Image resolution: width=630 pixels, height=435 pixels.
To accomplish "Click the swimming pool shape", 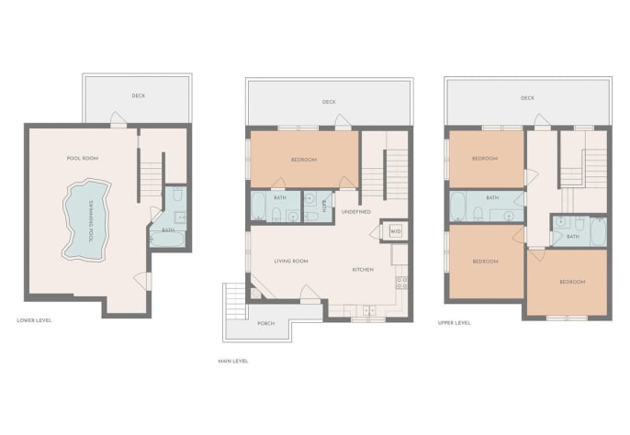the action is pyautogui.click(x=85, y=220).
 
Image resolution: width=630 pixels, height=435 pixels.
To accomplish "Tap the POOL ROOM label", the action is pyautogui.click(x=83, y=158).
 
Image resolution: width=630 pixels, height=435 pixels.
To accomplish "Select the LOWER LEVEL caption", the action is pyautogui.click(x=34, y=320).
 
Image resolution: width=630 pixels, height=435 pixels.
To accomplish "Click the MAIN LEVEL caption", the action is pyautogui.click(x=233, y=361).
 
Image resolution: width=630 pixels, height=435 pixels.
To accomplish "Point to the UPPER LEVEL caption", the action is pyautogui.click(x=454, y=322).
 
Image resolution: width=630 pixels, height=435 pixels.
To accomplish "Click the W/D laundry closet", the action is pyautogui.click(x=395, y=231).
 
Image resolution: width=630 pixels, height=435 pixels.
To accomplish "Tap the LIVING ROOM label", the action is pyautogui.click(x=291, y=261).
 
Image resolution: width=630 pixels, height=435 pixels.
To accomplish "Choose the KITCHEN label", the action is pyautogui.click(x=363, y=270).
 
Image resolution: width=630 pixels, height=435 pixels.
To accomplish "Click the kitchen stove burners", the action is pyautogui.click(x=402, y=283).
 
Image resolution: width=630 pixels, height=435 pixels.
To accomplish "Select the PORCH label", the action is pyautogui.click(x=266, y=323).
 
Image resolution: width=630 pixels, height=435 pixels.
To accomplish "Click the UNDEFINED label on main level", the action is pyautogui.click(x=356, y=212).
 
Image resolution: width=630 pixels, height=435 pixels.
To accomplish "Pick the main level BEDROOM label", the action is pyautogui.click(x=304, y=160).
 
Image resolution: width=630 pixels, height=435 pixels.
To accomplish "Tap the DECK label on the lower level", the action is pyautogui.click(x=139, y=95).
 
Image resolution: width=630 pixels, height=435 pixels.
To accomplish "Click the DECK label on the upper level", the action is pyautogui.click(x=527, y=98).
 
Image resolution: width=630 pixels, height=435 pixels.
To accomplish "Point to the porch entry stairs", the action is pyautogui.click(x=234, y=301).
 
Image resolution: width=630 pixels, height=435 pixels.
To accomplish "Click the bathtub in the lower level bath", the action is pyautogui.click(x=167, y=239).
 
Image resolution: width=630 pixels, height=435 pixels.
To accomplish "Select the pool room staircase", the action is pyautogui.click(x=151, y=180).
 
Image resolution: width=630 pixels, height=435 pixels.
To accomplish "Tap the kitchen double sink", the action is pyautogui.click(x=369, y=310).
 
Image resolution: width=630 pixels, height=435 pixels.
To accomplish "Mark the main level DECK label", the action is pyautogui.click(x=329, y=102).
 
